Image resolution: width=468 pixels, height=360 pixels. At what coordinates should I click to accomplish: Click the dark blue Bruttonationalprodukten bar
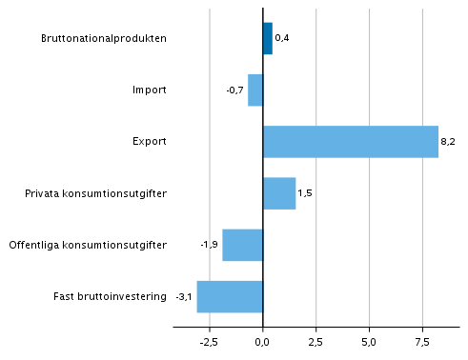(268, 38)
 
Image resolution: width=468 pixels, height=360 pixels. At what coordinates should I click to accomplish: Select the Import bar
(255, 90)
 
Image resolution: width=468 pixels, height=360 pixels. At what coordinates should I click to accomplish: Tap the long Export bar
(350, 142)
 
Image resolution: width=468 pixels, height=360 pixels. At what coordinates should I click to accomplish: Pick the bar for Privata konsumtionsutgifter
(279, 193)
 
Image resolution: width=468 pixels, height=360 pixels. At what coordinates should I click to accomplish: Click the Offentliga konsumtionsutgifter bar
(243, 245)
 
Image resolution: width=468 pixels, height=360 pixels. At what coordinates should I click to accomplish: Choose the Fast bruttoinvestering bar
(230, 296)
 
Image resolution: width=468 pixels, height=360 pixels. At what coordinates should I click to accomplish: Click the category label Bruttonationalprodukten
(104, 39)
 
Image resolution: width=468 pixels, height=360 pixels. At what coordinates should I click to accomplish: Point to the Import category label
(150, 90)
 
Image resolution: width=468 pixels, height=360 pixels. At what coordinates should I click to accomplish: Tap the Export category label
(150, 142)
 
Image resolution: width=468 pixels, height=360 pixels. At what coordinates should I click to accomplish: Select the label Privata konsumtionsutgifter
(96, 193)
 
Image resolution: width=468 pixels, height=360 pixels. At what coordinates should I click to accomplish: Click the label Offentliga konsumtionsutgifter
(88, 245)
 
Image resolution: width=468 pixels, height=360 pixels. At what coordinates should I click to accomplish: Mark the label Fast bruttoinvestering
(110, 296)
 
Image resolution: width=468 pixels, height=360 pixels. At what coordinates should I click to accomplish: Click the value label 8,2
(447, 142)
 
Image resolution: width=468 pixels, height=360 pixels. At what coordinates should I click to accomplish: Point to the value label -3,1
(184, 296)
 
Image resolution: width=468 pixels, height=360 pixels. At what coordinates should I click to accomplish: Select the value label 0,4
(281, 39)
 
